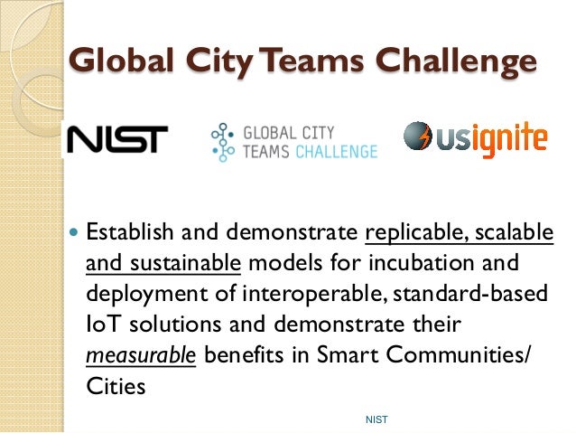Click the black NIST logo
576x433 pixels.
(116, 139)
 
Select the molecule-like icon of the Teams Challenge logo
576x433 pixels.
(220, 139)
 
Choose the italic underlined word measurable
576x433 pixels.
(140, 354)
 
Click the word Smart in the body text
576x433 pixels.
(347, 354)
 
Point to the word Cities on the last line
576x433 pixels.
(114, 385)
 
